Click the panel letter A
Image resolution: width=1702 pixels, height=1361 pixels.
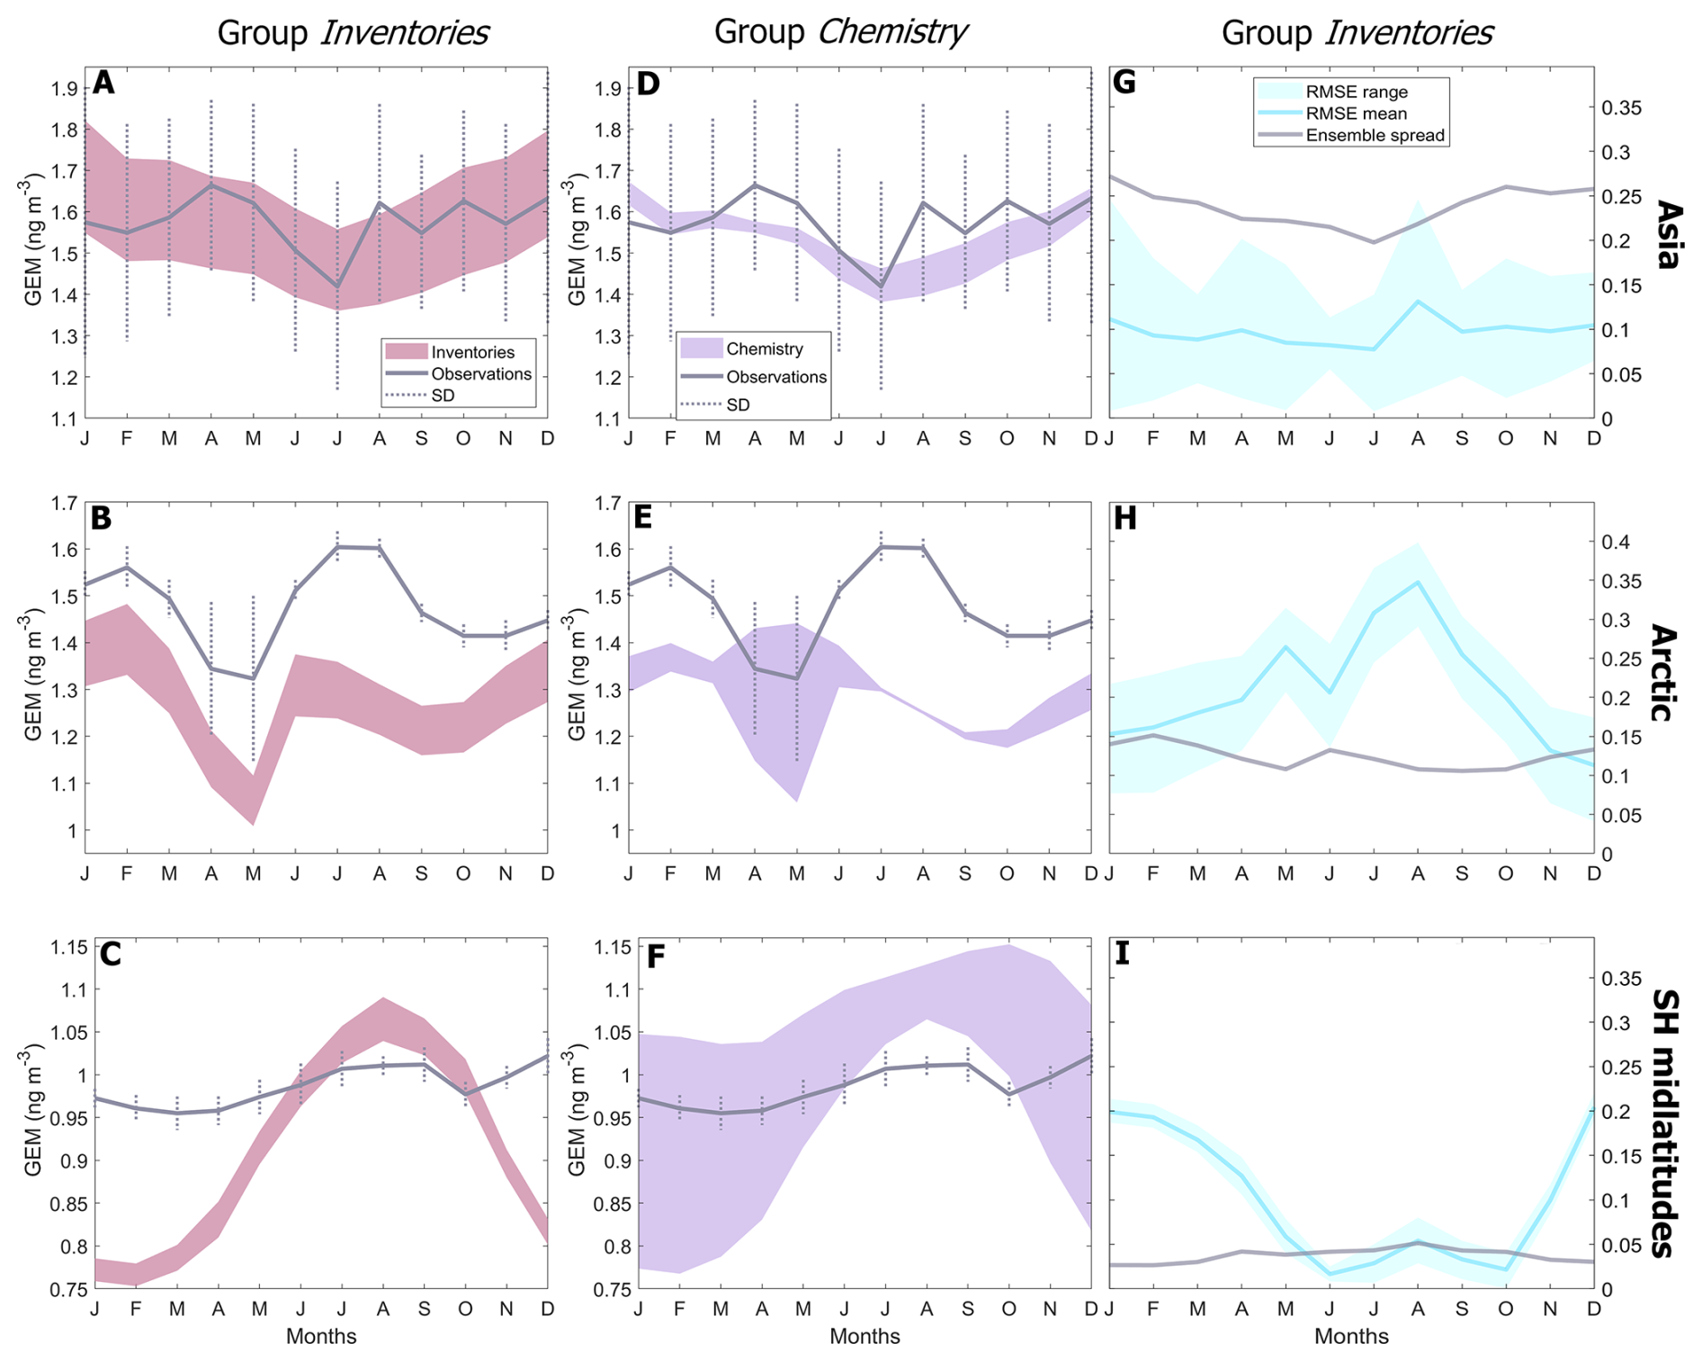pyautogui.click(x=104, y=84)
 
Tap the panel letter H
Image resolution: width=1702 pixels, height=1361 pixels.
pyautogui.click(x=1125, y=519)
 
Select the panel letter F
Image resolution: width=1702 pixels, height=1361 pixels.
pyautogui.click(x=656, y=956)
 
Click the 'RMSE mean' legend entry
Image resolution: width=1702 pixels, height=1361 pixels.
pyautogui.click(x=1356, y=114)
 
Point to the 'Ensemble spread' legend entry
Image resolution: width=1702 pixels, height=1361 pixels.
pyautogui.click(x=1375, y=136)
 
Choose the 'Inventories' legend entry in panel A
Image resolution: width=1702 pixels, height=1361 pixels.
pyautogui.click(x=472, y=353)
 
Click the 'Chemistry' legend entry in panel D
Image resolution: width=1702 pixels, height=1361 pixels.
pyautogui.click(x=764, y=349)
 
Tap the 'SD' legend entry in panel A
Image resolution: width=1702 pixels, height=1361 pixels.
pyautogui.click(x=443, y=396)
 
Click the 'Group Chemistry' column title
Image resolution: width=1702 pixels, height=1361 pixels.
pyautogui.click(x=839, y=32)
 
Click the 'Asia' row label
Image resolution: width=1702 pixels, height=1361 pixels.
pyautogui.click(x=1667, y=235)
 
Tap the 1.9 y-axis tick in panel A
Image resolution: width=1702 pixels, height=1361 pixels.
pyautogui.click(x=63, y=89)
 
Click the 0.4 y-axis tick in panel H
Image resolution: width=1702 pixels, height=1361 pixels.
pyautogui.click(x=1620, y=542)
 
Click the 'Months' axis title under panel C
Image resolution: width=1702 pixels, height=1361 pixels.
pyautogui.click(x=321, y=1337)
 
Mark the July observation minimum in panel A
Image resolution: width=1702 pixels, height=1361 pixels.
pyautogui.click(x=337, y=286)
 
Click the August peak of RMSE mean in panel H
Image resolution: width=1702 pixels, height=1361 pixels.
pyautogui.click(x=1418, y=582)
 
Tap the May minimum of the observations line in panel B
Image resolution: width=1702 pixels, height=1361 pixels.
pyautogui.click(x=253, y=678)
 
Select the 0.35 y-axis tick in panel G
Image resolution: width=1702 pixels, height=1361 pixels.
pyautogui.click(x=1622, y=108)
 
